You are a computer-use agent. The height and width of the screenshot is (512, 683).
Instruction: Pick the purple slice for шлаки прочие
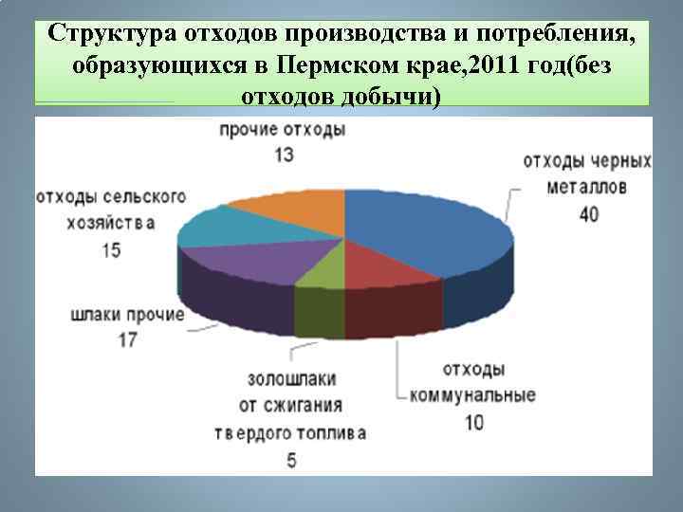coord(251,261)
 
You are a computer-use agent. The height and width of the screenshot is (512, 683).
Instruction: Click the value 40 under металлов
coord(588,214)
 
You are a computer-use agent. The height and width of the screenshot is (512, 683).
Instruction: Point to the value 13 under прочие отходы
coord(283,154)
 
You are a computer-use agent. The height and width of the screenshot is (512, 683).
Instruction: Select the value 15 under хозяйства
coord(110,249)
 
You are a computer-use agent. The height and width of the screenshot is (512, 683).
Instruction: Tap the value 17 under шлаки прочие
coord(126,338)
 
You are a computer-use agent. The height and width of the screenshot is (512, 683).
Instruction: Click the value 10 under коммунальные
coord(472,422)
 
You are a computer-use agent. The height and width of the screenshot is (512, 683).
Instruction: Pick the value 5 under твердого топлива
coord(291,461)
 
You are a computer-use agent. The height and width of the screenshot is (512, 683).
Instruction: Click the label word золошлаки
coord(291,379)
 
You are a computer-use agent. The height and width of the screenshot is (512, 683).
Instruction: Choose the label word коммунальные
coord(472,395)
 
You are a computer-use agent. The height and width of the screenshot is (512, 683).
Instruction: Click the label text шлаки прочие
coord(126,313)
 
